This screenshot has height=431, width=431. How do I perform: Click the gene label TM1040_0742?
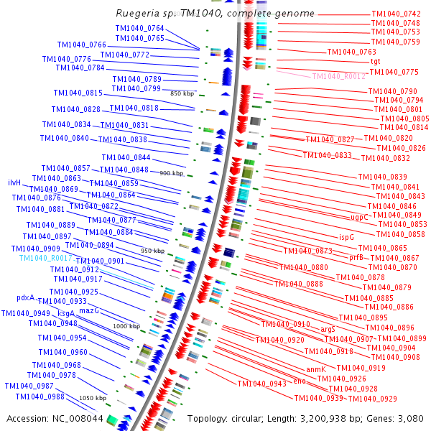[x=396, y=14]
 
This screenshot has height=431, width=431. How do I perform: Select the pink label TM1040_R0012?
[x=338, y=76]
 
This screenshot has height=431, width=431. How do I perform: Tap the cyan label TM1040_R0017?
[x=45, y=258]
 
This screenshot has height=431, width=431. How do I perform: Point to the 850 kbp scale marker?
[x=182, y=94]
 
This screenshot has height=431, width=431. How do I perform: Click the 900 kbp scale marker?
[x=172, y=174]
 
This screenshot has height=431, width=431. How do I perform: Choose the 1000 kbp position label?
[x=126, y=326]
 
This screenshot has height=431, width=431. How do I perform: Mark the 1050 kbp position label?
[x=92, y=397]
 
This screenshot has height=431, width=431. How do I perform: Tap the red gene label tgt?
[x=375, y=62]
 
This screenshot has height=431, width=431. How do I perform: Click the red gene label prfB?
[x=357, y=257]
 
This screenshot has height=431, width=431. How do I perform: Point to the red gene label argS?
[x=328, y=329]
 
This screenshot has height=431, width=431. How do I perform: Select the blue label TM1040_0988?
[x=40, y=397]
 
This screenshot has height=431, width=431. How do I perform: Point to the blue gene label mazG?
[x=88, y=311]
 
